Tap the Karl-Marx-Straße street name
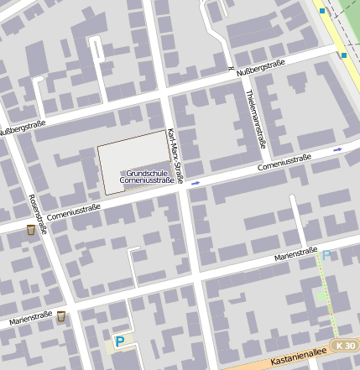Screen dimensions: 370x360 pyautogui.click(x=175, y=155)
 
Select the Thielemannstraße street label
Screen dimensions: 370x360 pyautogui.click(x=257, y=117)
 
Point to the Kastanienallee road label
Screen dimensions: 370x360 pyautogui.click(x=299, y=358)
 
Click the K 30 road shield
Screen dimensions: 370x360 pyautogui.click(x=343, y=345)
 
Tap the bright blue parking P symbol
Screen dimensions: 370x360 pyautogui.click(x=119, y=341)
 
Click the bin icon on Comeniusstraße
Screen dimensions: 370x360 pyautogui.click(x=31, y=230)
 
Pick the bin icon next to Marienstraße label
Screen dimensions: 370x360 pyautogui.click(x=60, y=316)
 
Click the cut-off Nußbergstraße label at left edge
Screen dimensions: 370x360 pyautogui.click(x=22, y=128)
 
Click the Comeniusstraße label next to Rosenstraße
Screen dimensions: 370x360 pyautogui.click(x=73, y=212)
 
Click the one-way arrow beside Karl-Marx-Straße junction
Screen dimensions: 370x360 pyautogui.click(x=195, y=182)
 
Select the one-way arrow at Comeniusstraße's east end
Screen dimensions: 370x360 pyautogui.click(x=337, y=149)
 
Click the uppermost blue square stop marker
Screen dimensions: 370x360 pyautogui.click(x=321, y=12)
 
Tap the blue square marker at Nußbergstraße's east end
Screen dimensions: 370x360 pyautogui.click(x=343, y=55)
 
